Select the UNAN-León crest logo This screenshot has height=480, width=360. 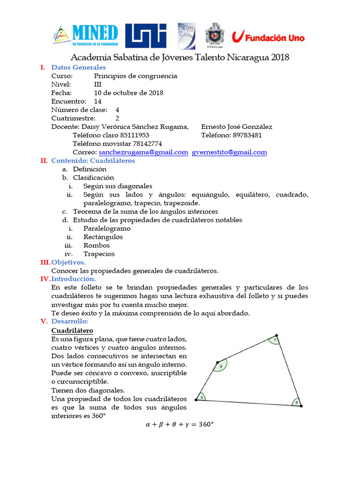pyautogui.click(x=215, y=35)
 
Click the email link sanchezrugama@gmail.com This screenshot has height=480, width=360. pyautogui.click(x=143, y=152)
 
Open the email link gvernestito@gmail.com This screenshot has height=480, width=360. pyautogui.click(x=230, y=152)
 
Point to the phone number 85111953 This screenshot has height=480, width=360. pyautogui.click(x=135, y=135)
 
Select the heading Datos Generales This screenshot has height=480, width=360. pyautogui.click(x=78, y=67)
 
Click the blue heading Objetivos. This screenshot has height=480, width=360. pyautogui.click(x=68, y=262)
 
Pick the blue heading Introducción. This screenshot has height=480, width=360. pyautogui.click(x=74, y=279)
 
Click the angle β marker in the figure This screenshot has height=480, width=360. pyautogui.click(x=221, y=366)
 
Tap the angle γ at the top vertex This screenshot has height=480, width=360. pyautogui.click(x=275, y=340)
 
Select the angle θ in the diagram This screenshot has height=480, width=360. pyautogui.click(x=296, y=402)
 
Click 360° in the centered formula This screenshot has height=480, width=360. pyautogui.click(x=206, y=425)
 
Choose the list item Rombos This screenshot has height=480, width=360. pyautogui.click(x=97, y=246)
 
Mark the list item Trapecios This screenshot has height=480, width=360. pyautogui.click(x=99, y=254)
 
